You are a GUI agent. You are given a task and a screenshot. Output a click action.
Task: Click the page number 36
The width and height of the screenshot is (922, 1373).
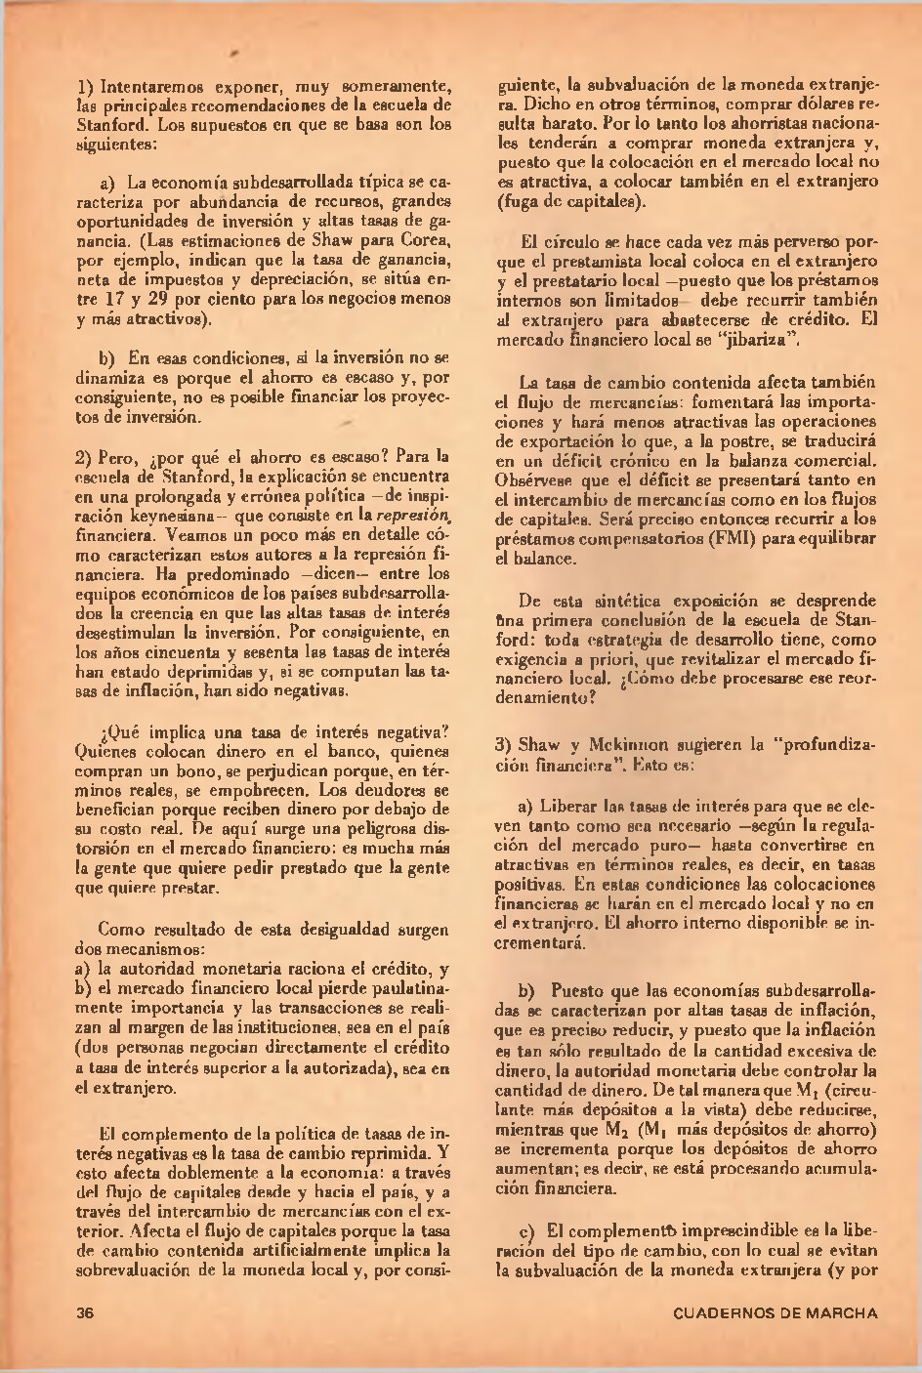coord(84,1312)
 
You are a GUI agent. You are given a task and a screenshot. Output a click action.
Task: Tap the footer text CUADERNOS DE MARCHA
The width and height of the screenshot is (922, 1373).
coord(775,1312)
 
